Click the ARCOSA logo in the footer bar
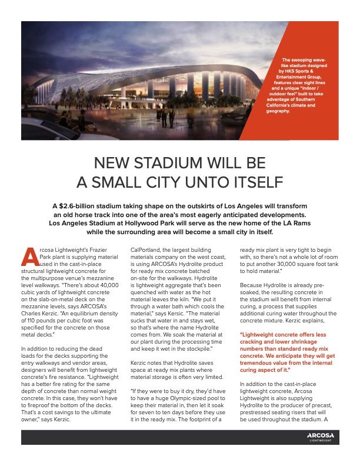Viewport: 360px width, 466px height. click(x=320, y=435)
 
